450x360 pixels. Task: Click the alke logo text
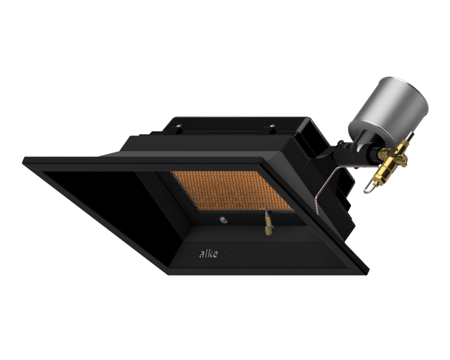tap(208, 254)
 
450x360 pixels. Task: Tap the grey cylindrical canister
tap(388, 113)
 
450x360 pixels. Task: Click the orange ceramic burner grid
tap(232, 191)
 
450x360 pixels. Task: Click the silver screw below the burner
tap(223, 220)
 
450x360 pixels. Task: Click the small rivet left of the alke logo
tap(192, 254)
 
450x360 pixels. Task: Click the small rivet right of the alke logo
tap(224, 254)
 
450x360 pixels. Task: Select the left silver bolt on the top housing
tap(179, 125)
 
